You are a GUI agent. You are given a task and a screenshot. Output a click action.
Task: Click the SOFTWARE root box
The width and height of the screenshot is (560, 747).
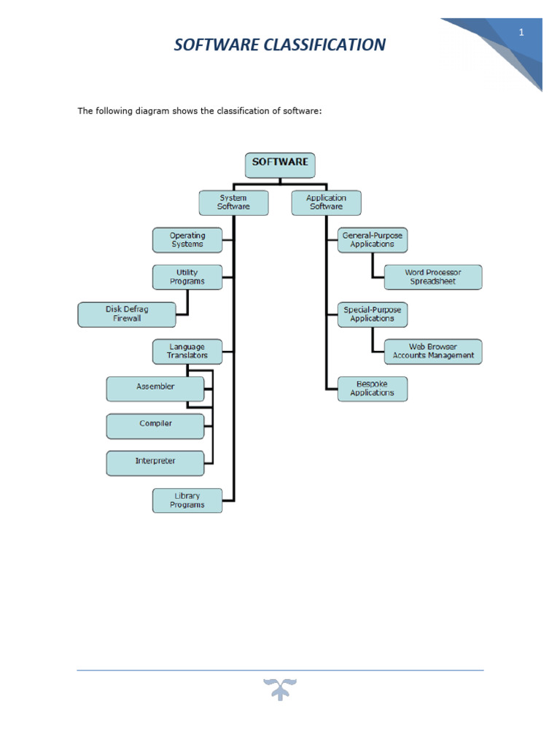pos(280,164)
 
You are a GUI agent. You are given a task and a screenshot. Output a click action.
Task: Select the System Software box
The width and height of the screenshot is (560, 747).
pos(233,203)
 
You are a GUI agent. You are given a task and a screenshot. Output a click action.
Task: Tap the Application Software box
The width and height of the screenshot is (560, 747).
pos(326,203)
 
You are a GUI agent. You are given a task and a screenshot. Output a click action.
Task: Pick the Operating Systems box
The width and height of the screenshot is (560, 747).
pos(187,240)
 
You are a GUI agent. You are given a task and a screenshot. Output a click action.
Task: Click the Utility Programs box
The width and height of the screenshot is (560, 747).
pos(187,277)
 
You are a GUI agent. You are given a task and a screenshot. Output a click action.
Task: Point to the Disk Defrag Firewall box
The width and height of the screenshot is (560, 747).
pos(127,314)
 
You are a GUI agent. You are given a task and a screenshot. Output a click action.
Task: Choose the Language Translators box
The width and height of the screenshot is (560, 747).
pos(187,352)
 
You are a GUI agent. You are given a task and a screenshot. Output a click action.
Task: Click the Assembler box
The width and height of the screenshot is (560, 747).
pos(155,388)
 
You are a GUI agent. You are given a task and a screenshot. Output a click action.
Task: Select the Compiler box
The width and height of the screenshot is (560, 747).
pos(155,425)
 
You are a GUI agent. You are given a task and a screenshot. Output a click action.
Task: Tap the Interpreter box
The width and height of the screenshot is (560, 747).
pos(155,462)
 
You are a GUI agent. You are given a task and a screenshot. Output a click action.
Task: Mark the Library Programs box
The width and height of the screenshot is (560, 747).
pos(187,500)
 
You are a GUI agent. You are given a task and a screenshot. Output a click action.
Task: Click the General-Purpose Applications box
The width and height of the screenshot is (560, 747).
pos(372,240)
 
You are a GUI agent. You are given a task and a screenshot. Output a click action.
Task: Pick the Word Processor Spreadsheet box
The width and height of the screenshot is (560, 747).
pos(433,277)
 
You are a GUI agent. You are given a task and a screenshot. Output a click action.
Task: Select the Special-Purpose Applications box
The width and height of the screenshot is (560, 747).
pos(372,314)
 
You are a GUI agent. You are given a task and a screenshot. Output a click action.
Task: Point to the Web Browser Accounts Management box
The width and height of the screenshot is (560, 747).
pos(433,352)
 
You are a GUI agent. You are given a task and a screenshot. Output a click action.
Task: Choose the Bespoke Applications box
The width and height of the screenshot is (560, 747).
pos(372,388)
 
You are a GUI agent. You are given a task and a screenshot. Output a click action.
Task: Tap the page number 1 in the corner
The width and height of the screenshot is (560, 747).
pos(522,32)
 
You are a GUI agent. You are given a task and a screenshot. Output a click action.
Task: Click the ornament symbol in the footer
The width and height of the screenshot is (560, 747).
pos(280,689)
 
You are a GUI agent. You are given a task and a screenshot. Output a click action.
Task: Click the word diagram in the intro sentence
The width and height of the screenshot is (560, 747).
pos(145,111)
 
